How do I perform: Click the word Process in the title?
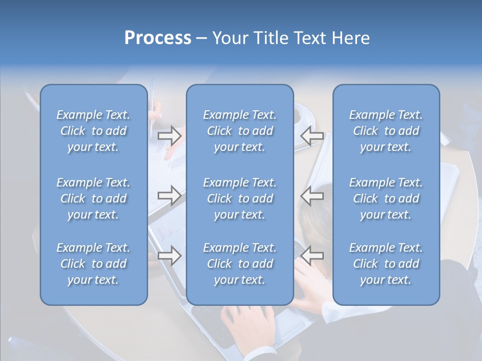(158, 38)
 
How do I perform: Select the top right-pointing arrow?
(170, 135)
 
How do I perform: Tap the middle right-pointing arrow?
(170, 196)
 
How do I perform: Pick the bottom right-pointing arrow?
(170, 256)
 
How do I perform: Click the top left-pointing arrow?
(312, 135)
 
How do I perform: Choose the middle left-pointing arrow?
(312, 196)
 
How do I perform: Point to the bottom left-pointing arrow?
(312, 256)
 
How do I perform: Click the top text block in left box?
(93, 131)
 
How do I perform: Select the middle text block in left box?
(93, 199)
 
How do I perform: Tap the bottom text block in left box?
(93, 264)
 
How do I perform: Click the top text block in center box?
(240, 131)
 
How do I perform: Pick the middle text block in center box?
(240, 199)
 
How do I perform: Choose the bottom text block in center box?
(240, 264)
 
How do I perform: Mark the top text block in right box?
(386, 131)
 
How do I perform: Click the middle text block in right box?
(386, 199)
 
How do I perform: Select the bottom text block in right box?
(386, 264)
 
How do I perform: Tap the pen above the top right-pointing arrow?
(152, 105)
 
